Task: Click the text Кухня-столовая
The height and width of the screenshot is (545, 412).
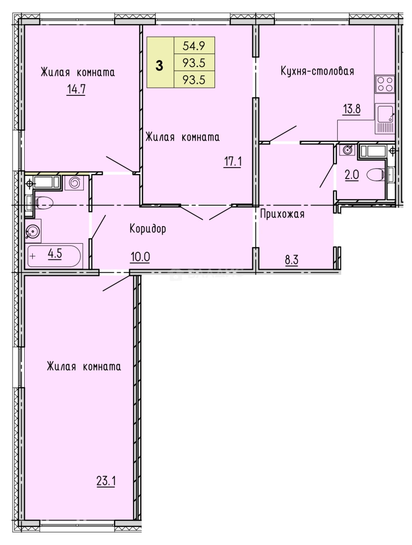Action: coord(317,71)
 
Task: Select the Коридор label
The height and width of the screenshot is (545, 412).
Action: coord(147,229)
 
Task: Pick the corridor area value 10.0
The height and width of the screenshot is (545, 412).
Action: coord(140,256)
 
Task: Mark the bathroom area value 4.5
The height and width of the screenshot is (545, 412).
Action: coord(55,254)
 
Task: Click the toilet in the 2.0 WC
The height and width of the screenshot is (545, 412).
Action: coord(376,175)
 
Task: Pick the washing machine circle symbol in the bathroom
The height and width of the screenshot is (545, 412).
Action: coord(75,182)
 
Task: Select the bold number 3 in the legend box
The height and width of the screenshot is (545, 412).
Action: coord(160,65)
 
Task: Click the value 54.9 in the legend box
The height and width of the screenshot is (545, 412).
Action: coord(193,46)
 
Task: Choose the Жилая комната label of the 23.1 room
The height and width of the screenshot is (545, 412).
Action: coord(84,366)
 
